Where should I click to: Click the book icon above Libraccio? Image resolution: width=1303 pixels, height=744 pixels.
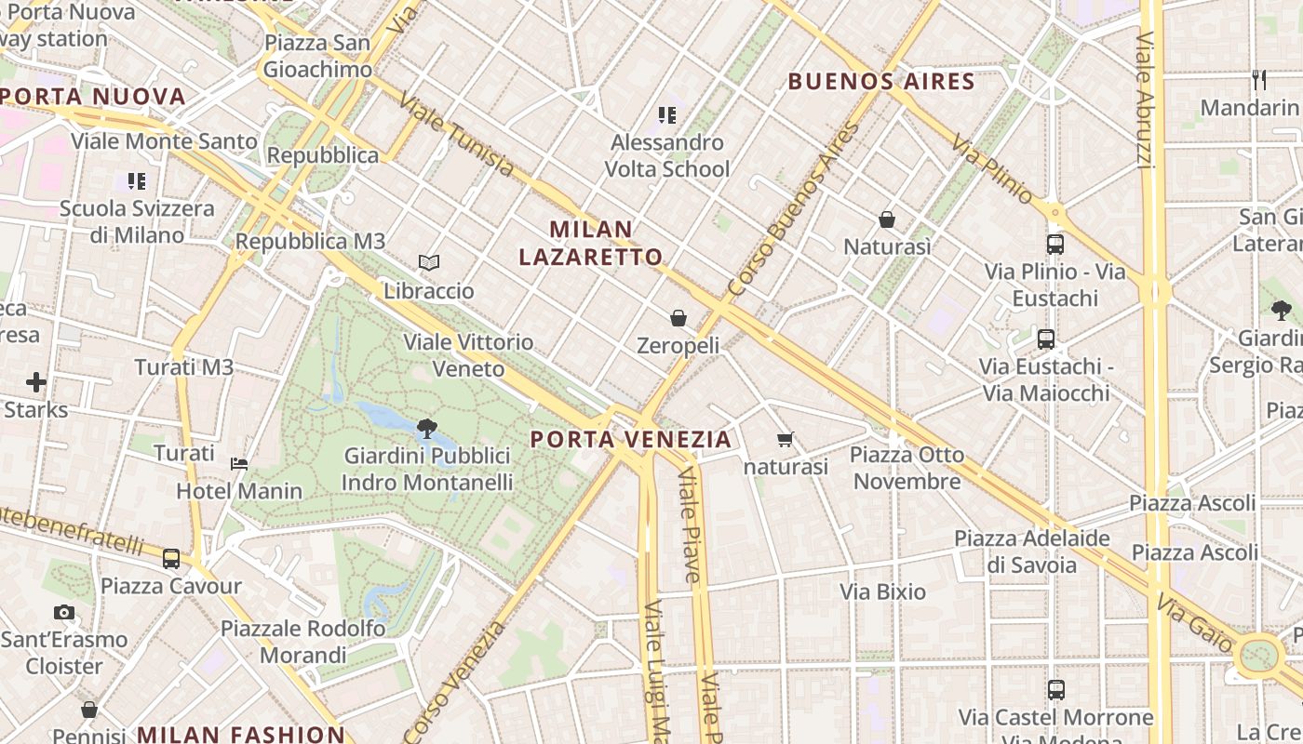[428, 263]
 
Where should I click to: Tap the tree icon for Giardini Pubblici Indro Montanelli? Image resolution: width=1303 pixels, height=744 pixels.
[427, 429]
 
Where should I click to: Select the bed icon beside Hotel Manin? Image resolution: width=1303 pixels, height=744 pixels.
[239, 463]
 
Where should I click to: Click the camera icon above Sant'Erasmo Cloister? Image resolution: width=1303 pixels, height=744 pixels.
[64, 612]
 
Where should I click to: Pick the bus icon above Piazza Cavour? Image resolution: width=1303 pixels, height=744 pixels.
[171, 559]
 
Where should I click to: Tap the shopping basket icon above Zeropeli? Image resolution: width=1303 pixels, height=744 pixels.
[678, 318]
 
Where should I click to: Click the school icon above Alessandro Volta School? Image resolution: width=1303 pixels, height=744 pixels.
[666, 115]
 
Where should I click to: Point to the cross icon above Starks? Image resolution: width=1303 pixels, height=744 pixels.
[36, 382]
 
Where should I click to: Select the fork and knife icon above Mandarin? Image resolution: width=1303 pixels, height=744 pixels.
[1259, 80]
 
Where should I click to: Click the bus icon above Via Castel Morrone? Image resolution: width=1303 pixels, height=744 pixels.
[1055, 690]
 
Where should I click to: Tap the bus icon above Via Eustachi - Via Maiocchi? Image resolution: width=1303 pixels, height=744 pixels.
[1046, 339]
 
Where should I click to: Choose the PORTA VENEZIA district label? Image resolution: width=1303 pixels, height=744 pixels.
[631, 439]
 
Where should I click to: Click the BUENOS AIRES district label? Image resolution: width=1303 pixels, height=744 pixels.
[881, 82]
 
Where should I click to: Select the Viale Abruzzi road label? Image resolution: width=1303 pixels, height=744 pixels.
[1145, 100]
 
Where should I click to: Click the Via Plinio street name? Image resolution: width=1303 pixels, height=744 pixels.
[993, 168]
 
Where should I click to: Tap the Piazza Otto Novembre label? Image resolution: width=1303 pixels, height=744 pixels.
[907, 468]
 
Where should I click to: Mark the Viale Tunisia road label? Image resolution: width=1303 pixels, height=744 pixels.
[455, 135]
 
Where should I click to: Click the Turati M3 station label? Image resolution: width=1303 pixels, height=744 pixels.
[184, 367]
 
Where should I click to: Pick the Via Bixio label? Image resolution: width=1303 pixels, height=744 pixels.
[882, 591]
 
